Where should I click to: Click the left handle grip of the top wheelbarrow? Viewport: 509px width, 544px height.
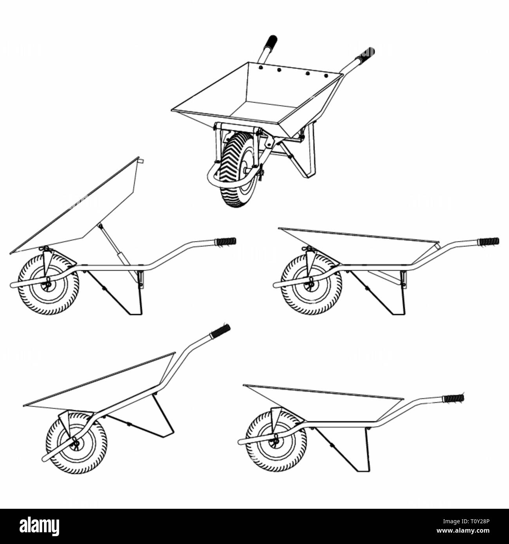(271, 41)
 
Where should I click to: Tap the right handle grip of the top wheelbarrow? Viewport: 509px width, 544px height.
(367, 53)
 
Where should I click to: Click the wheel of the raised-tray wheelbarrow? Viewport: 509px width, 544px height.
(48, 284)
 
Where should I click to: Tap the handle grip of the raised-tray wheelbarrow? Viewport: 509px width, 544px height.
(226, 241)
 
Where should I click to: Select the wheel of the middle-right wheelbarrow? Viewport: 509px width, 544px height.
(311, 284)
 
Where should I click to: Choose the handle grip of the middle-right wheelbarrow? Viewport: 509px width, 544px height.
(489, 240)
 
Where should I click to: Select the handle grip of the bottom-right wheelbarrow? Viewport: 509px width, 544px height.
(453, 398)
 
